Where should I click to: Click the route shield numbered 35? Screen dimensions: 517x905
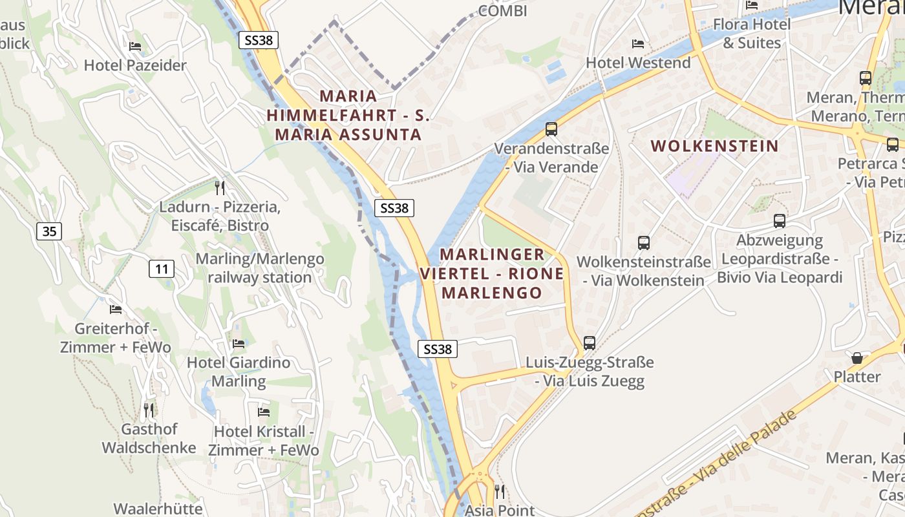pos(50,231)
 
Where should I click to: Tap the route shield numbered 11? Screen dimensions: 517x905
pos(162,268)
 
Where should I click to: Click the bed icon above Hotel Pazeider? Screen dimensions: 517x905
pos(135,47)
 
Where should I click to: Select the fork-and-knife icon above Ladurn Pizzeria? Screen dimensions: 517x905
pos(220,188)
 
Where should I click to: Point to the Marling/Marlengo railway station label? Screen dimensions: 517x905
pos(259,268)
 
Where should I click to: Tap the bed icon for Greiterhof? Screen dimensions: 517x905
pos(116,310)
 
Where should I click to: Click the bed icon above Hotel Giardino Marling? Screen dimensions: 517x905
pos(239,344)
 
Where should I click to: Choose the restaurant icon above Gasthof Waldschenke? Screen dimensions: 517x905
pos(149,410)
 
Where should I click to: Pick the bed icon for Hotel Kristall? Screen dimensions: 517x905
pos(264,412)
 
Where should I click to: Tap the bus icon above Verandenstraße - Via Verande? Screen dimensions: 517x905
pos(551,129)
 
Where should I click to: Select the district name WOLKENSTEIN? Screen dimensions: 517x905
pos(714,145)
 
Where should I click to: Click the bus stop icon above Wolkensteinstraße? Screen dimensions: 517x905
pos(644,243)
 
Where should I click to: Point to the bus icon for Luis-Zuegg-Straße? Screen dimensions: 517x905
pos(590,343)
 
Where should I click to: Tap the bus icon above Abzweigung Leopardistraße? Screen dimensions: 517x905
pos(780,221)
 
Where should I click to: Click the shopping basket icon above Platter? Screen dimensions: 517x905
pos(857,357)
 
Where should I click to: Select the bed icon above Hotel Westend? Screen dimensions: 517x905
pos(638,44)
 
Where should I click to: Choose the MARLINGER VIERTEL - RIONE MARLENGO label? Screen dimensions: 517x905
pos(492,273)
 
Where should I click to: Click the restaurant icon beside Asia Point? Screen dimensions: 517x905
pos(499,492)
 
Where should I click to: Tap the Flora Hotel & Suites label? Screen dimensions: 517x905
pos(751,34)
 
